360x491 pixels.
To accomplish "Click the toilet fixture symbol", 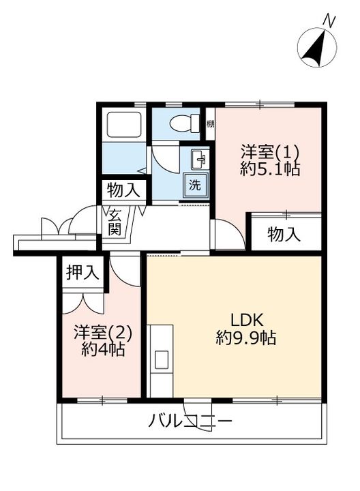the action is click(185, 123).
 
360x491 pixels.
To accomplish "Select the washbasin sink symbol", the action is click(199, 160).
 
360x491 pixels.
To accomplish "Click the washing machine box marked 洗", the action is click(195, 185).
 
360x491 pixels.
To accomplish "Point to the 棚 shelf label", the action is click(210, 124).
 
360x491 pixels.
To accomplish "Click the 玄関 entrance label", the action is click(115, 222).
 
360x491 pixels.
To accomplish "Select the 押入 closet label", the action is click(82, 271).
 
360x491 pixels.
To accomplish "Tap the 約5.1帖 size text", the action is click(270, 169).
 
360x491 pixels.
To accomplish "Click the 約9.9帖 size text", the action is click(245, 338).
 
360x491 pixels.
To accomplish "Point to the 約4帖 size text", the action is click(103, 349).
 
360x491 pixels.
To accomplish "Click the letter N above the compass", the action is click(329, 21).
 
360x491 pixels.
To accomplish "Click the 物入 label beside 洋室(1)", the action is click(284, 234).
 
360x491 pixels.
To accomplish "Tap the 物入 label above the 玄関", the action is click(123, 190).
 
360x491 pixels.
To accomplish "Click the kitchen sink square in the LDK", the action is click(162, 359).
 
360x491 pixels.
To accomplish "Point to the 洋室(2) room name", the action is click(103, 333).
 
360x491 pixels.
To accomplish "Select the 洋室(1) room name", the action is click(269, 152).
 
